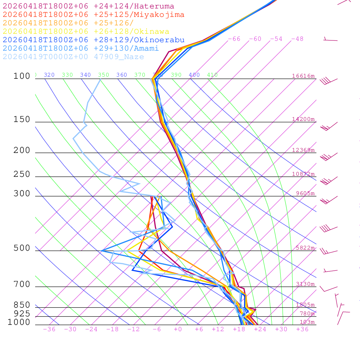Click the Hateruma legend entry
[88, 6]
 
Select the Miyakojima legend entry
[93, 15]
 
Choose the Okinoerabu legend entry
[93, 40]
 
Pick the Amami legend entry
[81, 49]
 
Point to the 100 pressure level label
[22, 76]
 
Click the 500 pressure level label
[22, 249]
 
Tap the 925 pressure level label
[22, 314]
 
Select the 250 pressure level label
[22, 174]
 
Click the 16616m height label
[303, 76]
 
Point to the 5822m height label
[305, 248]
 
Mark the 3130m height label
[305, 284]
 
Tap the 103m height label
[307, 322]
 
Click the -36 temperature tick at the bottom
[49, 329]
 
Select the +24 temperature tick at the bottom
[260, 329]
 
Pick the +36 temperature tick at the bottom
[302, 329]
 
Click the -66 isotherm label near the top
[234, 39]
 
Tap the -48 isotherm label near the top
[297, 39]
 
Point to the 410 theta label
[212, 75]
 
